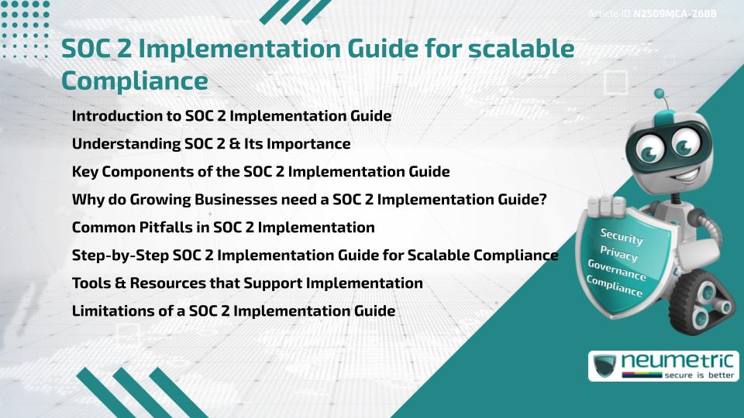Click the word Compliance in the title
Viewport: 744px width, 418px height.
tap(134, 81)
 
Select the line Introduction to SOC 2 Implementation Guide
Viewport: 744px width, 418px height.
tap(231, 116)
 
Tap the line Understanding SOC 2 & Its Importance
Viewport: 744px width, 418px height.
tap(211, 144)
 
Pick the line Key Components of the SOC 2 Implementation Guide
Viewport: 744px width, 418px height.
tap(260, 172)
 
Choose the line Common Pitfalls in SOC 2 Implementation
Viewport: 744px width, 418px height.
tap(223, 228)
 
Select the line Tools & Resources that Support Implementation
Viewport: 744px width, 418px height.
tap(247, 283)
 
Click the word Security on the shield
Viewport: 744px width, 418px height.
tap(621, 237)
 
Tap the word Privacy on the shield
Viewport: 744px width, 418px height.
tap(618, 254)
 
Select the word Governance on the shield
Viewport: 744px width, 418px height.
tap(617, 271)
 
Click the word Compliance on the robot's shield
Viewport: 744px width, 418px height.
tap(615, 287)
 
